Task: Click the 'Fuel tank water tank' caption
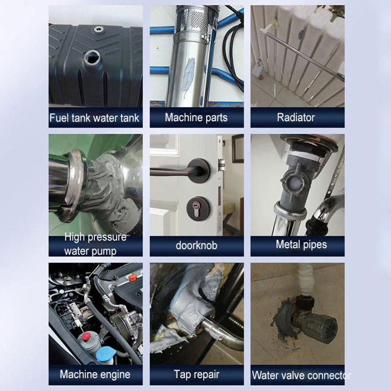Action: [94, 118]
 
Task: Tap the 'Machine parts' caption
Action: [196, 117]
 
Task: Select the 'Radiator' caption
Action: [296, 117]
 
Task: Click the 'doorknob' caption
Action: [196, 246]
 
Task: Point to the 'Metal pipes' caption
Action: [301, 244]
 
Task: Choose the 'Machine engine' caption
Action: [95, 374]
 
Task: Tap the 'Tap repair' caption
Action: [196, 374]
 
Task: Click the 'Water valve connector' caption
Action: [301, 375]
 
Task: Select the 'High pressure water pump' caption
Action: [95, 244]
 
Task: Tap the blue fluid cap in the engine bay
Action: [106, 354]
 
